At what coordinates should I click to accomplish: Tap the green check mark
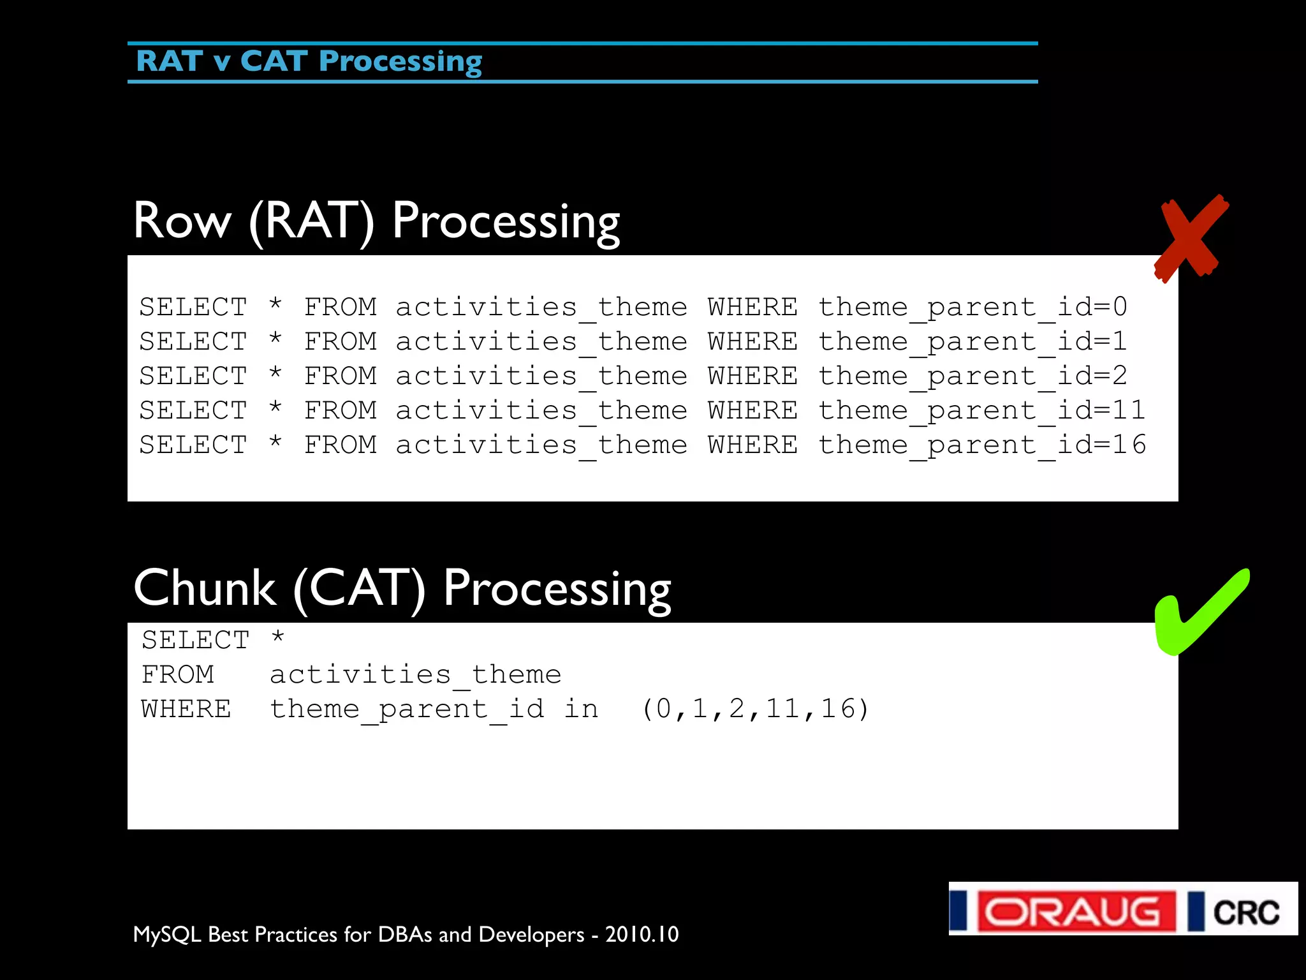tap(1199, 612)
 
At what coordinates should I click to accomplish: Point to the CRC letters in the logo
tap(1245, 912)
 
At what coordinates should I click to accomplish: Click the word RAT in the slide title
tap(169, 61)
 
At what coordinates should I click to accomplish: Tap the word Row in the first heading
tap(182, 221)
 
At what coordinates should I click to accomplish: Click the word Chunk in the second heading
tap(205, 588)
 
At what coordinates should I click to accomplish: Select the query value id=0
tap(1092, 307)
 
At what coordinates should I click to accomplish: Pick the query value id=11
tap(1101, 410)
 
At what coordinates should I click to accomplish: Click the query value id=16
tap(1101, 445)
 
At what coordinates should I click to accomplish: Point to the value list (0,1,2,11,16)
tap(755, 709)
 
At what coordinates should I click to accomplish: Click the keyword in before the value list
tap(581, 709)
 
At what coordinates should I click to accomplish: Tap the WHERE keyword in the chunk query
tap(186, 709)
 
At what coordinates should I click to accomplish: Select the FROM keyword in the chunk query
tap(178, 674)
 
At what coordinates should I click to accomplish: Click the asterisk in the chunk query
tap(278, 638)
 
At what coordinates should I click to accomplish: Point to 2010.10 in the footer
tap(642, 934)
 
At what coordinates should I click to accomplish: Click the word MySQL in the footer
tap(167, 934)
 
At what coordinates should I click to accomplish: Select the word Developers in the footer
tap(531, 934)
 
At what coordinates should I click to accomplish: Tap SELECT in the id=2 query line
tap(193, 376)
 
